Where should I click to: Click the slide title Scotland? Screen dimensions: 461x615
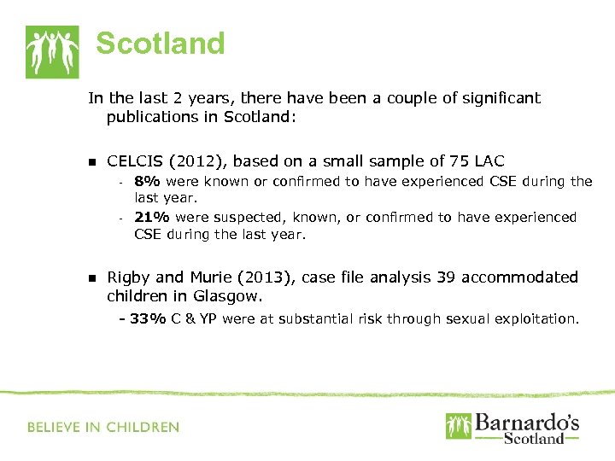tap(160, 43)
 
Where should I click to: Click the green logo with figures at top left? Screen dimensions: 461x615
tap(52, 51)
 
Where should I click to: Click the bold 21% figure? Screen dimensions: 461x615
tap(152, 217)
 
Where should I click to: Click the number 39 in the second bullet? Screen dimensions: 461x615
tap(446, 277)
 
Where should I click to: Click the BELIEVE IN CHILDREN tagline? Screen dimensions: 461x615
tap(103, 427)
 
